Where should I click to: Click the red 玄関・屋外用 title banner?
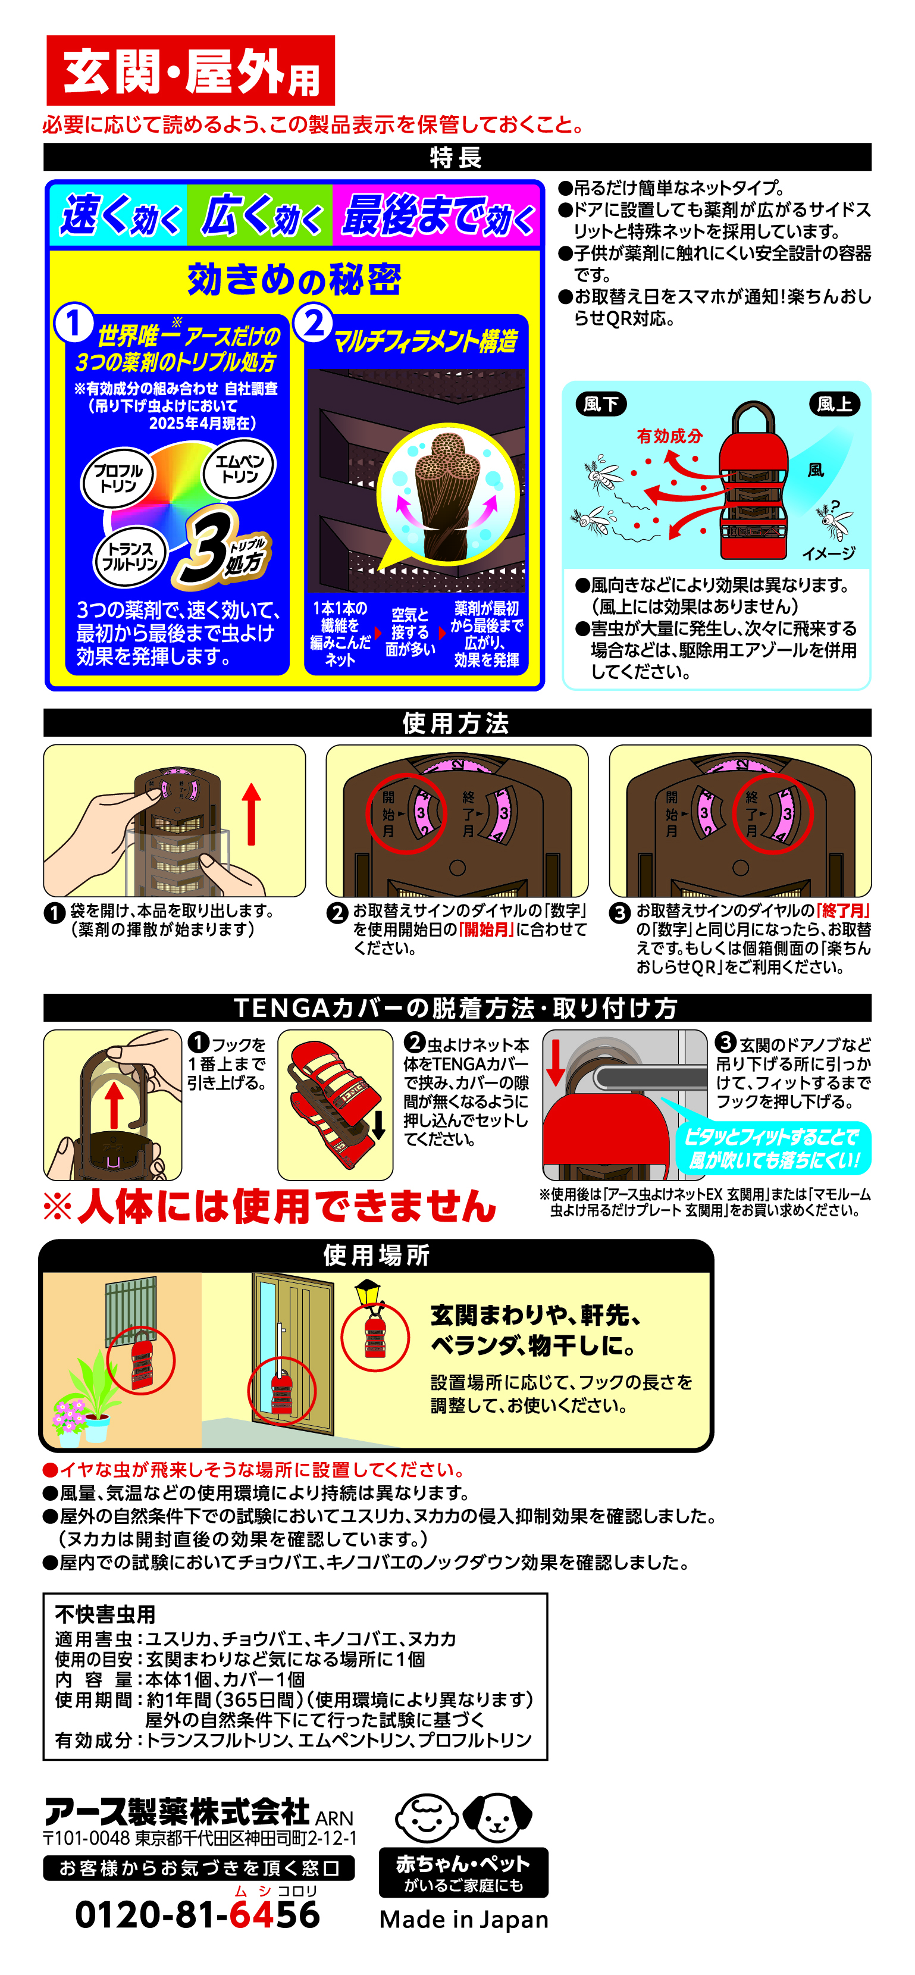[191, 71]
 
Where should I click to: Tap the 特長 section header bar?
[458, 157]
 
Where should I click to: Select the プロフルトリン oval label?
[118, 478]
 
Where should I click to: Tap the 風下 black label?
[601, 404]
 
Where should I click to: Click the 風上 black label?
[833, 404]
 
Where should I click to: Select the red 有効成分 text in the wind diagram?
[670, 436]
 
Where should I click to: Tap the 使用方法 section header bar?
[458, 722]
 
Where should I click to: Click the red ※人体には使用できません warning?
[270, 1206]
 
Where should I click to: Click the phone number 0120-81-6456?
[198, 1914]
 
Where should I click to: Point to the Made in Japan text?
[463, 1919]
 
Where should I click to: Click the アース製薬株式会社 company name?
[177, 1812]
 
